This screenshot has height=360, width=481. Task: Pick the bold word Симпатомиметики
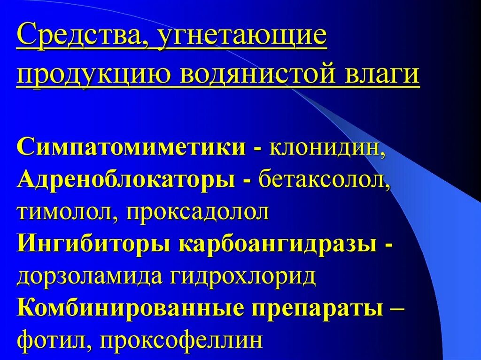[131, 147]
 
